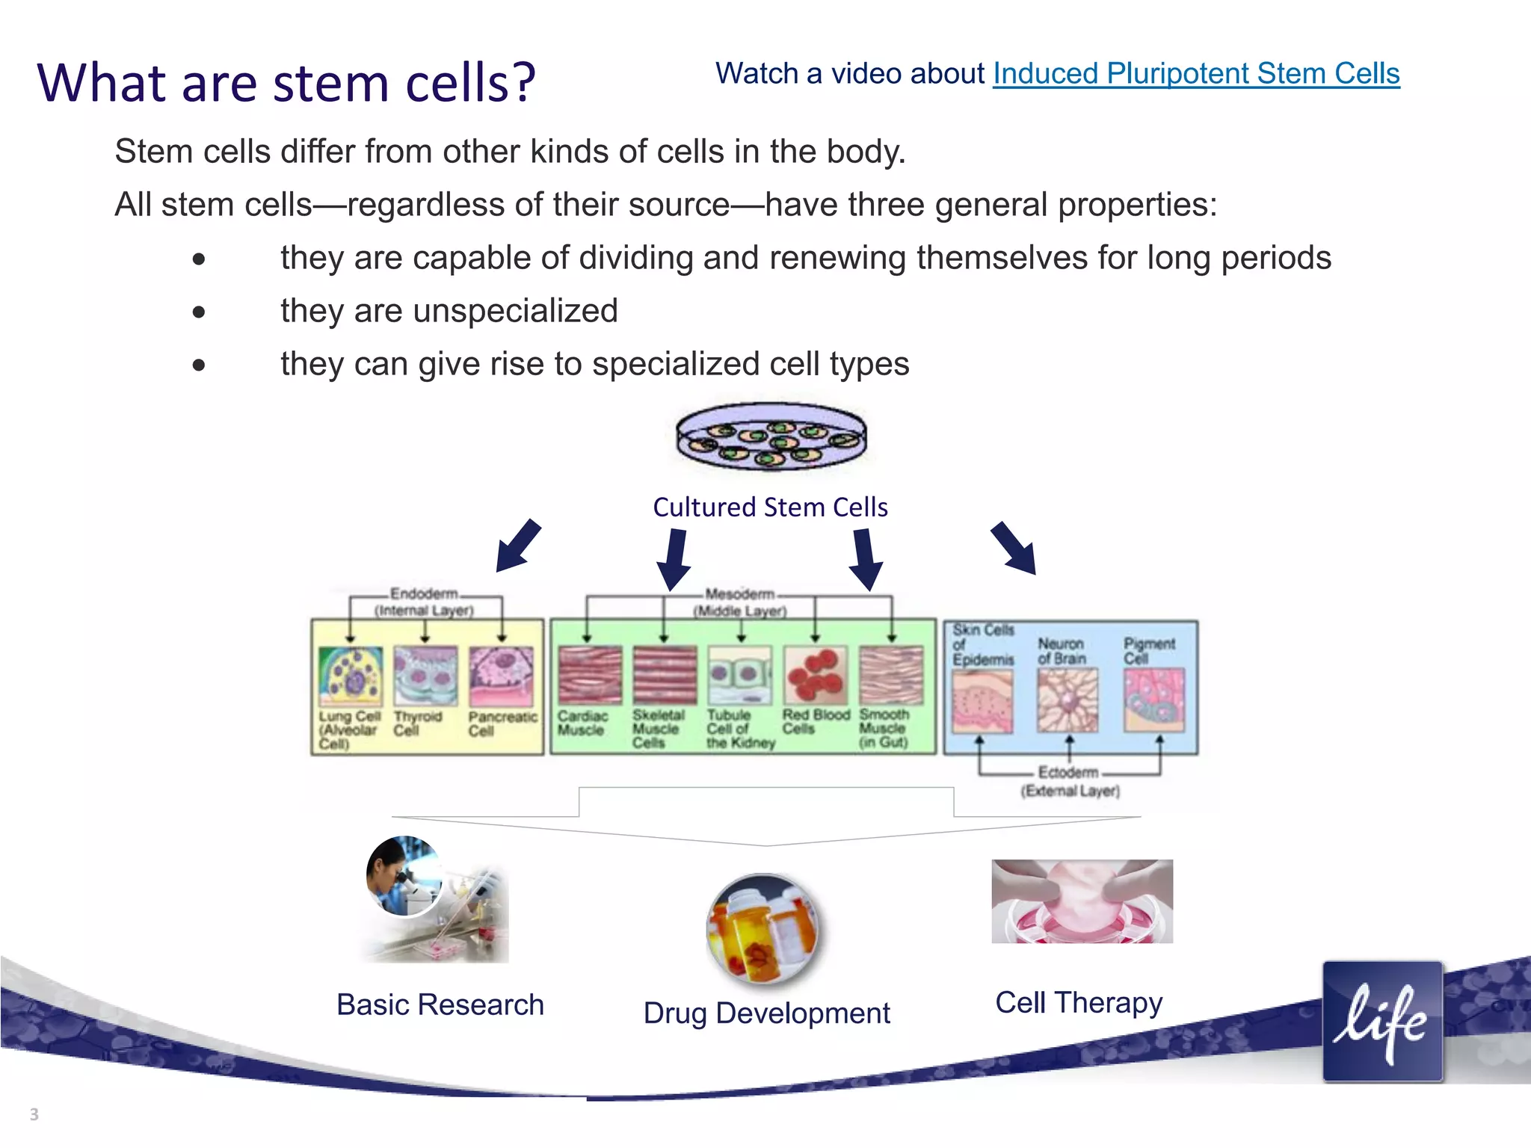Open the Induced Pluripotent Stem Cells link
pyautogui.click(x=1195, y=74)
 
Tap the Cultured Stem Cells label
pyautogui.click(x=770, y=507)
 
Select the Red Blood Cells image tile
pyautogui.click(x=815, y=675)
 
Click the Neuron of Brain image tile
pyautogui.click(x=1068, y=700)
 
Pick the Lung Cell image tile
pyautogui.click(x=350, y=676)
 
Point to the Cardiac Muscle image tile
pyautogui.click(x=590, y=675)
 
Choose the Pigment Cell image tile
pyautogui.click(x=1154, y=700)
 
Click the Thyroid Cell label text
pyautogui.click(x=417, y=723)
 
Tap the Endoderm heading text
pyautogui.click(x=424, y=593)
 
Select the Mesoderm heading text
pyautogui.click(x=739, y=594)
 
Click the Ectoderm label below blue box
pyautogui.click(x=1068, y=772)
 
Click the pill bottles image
pyautogui.click(x=762, y=929)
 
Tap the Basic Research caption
pyautogui.click(x=440, y=1004)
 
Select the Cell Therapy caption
pyautogui.click(x=1079, y=1002)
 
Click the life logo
pyautogui.click(x=1382, y=1022)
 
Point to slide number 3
pyautogui.click(x=34, y=1114)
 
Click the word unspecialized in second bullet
pyautogui.click(x=515, y=311)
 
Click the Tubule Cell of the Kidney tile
pyautogui.click(x=739, y=675)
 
